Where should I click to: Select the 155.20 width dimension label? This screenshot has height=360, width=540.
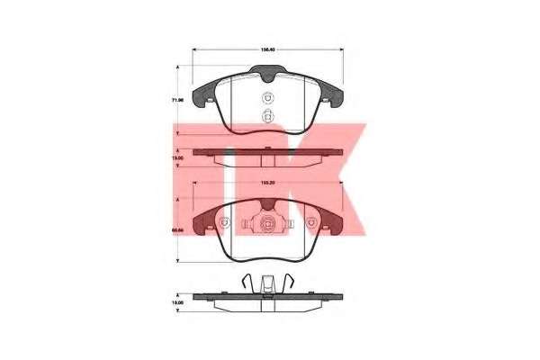click(x=267, y=184)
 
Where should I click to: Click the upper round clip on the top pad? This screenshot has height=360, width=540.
click(x=266, y=99)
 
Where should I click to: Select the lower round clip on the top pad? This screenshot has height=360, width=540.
click(x=266, y=115)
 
